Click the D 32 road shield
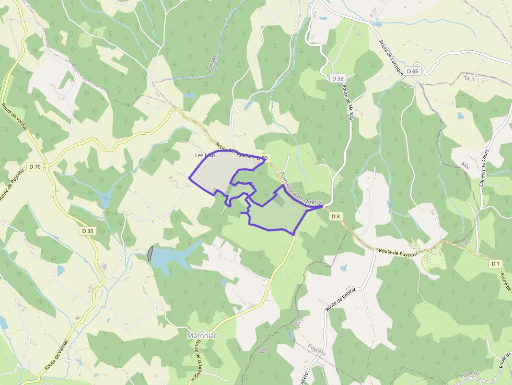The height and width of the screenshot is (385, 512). coord(338,78)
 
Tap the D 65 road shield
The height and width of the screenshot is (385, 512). coord(412,71)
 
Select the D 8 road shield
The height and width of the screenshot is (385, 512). coord(335,216)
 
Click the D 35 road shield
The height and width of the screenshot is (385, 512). coord(87,230)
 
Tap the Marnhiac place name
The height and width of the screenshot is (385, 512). coord(202,336)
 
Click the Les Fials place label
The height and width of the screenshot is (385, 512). coord(205,155)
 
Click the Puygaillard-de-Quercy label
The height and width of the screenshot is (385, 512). coord(300,189)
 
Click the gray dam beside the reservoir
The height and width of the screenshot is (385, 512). coord(150,253)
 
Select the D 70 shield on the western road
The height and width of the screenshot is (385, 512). coord(35,167)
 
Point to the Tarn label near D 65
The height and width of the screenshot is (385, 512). coord(469,78)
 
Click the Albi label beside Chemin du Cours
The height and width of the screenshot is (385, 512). coord(465,166)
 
